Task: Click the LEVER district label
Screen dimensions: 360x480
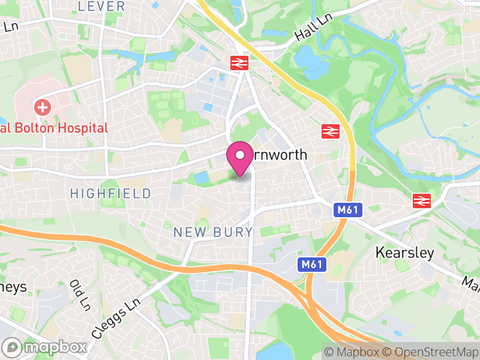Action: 101,7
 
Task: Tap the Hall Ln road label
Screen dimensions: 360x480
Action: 313,28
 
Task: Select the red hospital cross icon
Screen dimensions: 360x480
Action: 43,109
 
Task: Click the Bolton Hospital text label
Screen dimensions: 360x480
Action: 57,128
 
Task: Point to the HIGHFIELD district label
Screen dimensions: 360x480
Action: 110,193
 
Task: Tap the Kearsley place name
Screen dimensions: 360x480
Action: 404,253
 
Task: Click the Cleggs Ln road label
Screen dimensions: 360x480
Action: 116,317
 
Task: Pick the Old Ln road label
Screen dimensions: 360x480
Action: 77,292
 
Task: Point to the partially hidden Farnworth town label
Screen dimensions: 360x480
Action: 279,155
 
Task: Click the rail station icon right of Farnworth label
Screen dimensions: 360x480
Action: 329,131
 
